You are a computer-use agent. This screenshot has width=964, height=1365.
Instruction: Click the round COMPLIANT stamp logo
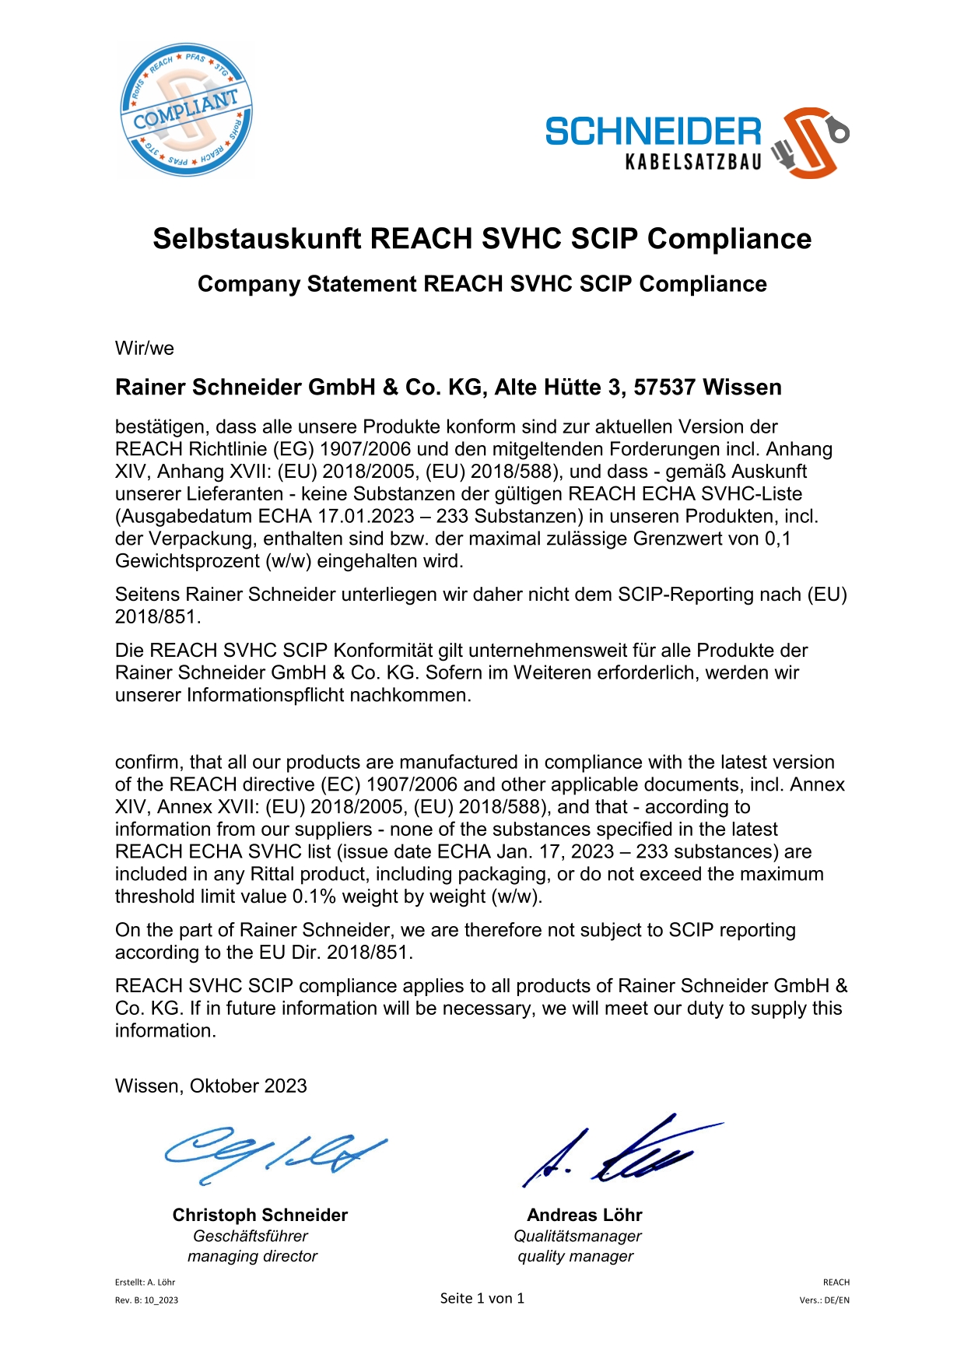186,110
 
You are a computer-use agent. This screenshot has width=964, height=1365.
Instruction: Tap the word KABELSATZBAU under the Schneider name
693,162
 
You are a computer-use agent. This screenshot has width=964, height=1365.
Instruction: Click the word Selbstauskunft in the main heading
257,238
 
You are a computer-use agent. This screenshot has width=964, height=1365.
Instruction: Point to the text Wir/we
145,348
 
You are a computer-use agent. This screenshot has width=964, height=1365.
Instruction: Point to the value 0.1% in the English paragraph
314,897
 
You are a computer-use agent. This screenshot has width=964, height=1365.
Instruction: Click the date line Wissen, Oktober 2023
211,1086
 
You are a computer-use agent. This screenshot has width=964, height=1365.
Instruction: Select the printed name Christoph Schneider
260,1215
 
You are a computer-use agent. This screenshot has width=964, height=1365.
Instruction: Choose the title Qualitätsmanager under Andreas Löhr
577,1236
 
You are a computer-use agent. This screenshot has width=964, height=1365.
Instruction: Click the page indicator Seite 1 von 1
482,1298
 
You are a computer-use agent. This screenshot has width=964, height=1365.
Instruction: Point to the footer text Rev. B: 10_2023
146,1300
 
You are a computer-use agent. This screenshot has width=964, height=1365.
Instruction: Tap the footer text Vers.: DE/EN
824,1300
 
